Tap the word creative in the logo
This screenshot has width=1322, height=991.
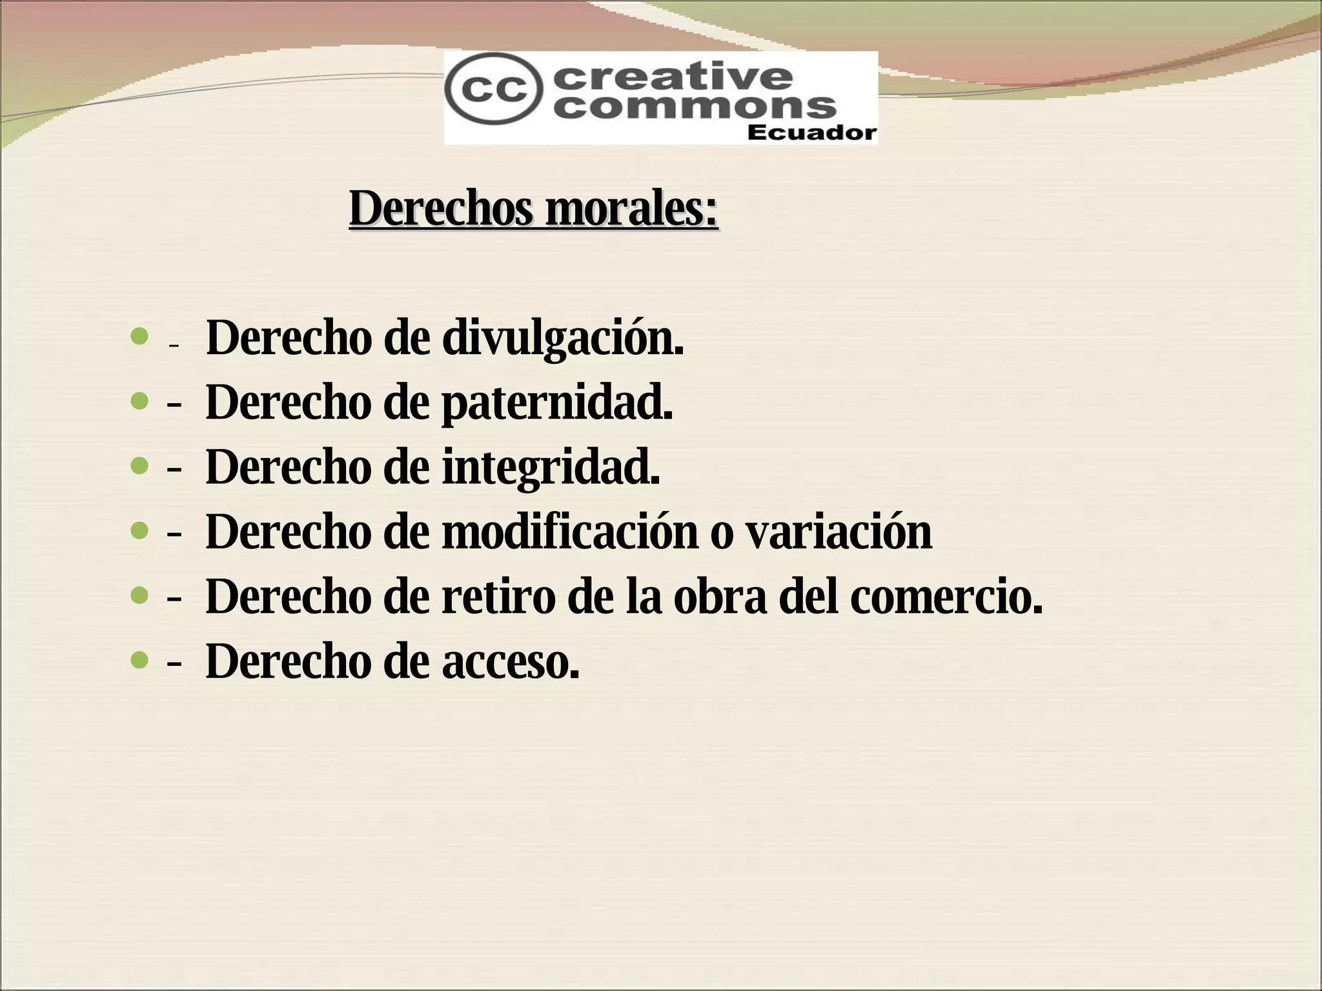point(673,77)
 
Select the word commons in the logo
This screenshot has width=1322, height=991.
point(695,106)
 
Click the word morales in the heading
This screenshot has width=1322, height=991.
point(631,209)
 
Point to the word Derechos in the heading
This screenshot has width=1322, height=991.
point(442,209)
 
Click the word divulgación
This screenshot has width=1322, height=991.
point(562,338)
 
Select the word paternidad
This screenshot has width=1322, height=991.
point(557,403)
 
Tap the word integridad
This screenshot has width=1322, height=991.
point(551,467)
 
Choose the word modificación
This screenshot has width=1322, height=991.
point(570,532)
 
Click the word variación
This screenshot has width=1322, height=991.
point(838,532)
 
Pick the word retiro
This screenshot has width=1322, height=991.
point(498,596)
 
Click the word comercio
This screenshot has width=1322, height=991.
point(946,596)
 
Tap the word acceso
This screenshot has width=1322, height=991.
point(511,662)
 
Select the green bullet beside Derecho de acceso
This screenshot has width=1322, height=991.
point(139,660)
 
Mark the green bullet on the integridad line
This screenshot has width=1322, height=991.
point(139,466)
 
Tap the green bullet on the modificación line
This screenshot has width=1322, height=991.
point(139,530)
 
